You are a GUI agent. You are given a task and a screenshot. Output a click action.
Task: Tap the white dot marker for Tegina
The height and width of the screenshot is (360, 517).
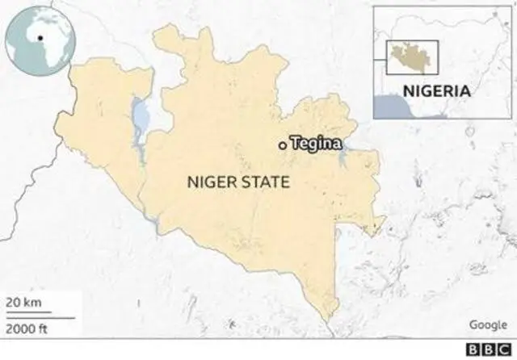pyautogui.click(x=281, y=145)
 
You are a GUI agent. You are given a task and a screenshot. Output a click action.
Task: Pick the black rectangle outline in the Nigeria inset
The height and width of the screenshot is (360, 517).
pyautogui.click(x=411, y=57)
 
